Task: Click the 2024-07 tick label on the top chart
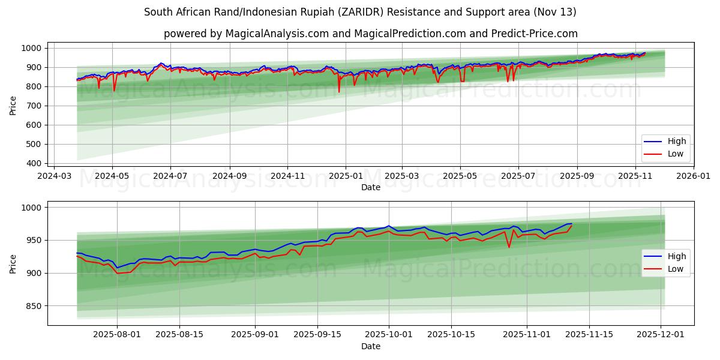pos(170,177)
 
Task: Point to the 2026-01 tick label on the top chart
pos(694,177)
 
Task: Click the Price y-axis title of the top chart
pos(13,106)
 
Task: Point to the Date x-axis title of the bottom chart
pos(371,347)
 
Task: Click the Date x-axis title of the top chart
pos(371,188)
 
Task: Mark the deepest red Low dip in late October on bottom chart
pos(509,247)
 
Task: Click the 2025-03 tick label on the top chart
pos(401,177)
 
